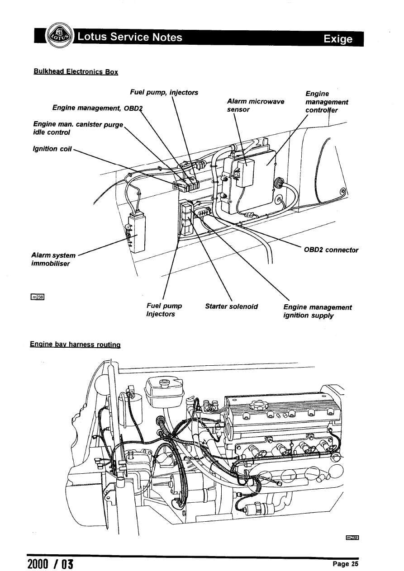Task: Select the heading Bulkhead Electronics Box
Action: click(x=76, y=71)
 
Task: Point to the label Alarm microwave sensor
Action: click(x=256, y=105)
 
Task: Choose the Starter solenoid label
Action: click(x=231, y=307)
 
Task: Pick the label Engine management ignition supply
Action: click(x=317, y=311)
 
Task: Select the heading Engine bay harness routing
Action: click(x=75, y=344)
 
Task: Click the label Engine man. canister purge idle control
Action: click(x=77, y=128)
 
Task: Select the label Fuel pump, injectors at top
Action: click(x=164, y=93)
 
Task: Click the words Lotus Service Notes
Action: click(x=130, y=37)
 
